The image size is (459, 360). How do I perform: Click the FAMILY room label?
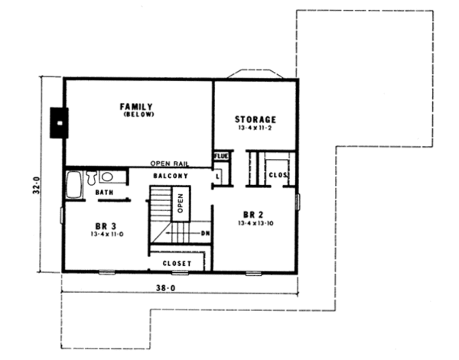(x=138, y=106)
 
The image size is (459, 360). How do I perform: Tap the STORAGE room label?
(x=255, y=119)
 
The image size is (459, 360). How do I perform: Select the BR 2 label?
(x=253, y=214)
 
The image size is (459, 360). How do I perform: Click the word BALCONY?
(x=171, y=177)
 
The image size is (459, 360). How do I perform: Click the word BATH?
(x=105, y=193)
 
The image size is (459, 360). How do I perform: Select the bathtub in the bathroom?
(x=75, y=184)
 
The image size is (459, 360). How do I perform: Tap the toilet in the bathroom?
(x=91, y=179)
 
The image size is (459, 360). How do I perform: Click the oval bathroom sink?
(x=106, y=177)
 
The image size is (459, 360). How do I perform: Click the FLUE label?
(x=220, y=157)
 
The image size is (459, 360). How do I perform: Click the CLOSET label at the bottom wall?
(x=176, y=263)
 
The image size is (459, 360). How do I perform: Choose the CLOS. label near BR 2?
(x=277, y=175)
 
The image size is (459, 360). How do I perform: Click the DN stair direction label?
(x=204, y=233)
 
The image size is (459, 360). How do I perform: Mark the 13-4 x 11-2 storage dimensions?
(x=255, y=129)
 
